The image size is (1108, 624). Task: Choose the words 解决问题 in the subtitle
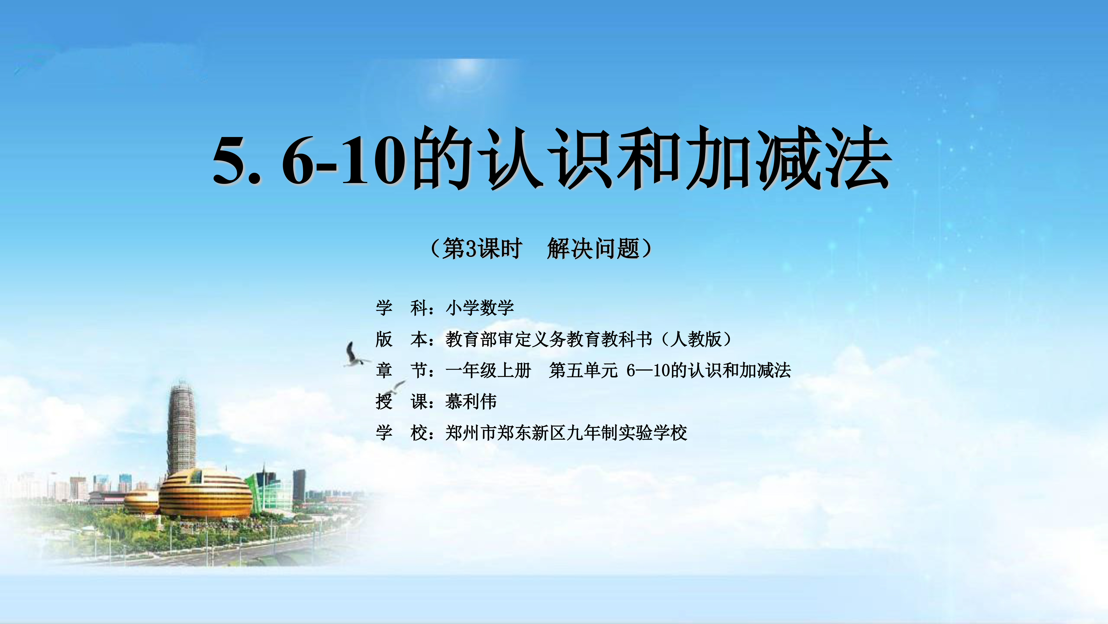[594, 249]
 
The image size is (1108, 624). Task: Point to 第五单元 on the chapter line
[584, 370]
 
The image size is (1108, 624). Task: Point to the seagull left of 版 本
[355, 355]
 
